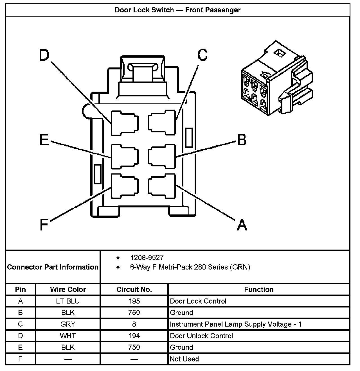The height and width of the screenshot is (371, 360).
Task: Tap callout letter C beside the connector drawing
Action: (202, 55)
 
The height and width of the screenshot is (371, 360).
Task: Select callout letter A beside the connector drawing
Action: (242, 225)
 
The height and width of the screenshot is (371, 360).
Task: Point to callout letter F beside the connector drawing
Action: (44, 225)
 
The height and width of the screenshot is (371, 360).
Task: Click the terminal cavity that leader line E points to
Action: (125, 157)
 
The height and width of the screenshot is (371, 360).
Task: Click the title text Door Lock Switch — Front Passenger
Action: (178, 10)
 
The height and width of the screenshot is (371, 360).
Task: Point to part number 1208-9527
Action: (147, 257)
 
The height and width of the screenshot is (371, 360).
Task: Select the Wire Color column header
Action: (68, 289)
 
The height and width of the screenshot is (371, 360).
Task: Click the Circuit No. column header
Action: (134, 289)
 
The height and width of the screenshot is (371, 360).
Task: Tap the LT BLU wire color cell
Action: (68, 301)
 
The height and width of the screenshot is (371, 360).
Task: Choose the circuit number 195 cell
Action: (134, 301)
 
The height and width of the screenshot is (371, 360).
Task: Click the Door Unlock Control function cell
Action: (201, 336)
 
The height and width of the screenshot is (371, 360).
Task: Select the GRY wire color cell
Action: (68, 324)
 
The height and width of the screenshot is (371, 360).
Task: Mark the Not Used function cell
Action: (184, 359)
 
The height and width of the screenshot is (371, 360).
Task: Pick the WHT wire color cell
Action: (68, 336)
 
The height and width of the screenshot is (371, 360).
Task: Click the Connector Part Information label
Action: (53, 267)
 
